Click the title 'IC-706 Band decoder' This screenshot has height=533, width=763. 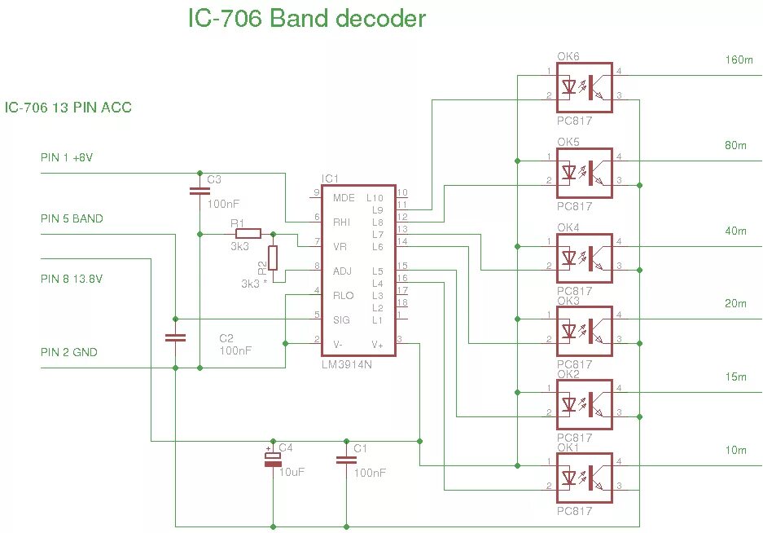click(307, 19)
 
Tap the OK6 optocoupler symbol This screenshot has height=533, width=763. click(584, 88)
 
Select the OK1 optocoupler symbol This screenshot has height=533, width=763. click(584, 478)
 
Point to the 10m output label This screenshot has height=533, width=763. click(735, 450)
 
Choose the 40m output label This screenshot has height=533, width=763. click(735, 231)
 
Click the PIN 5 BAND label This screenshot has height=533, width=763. click(72, 218)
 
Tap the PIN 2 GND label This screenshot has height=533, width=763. click(69, 352)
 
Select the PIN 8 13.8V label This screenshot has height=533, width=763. click(72, 279)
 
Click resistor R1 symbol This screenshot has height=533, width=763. click(248, 234)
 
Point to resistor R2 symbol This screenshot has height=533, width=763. click(273, 258)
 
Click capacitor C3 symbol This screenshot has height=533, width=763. click(199, 191)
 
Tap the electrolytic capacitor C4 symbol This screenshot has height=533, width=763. click(273, 460)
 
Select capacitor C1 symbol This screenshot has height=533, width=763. click(346, 460)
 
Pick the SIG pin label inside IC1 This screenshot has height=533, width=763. click(341, 320)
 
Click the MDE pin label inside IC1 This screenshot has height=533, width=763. click(344, 198)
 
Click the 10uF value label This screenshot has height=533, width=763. click(292, 472)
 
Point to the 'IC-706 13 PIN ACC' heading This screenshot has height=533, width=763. click(68, 108)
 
